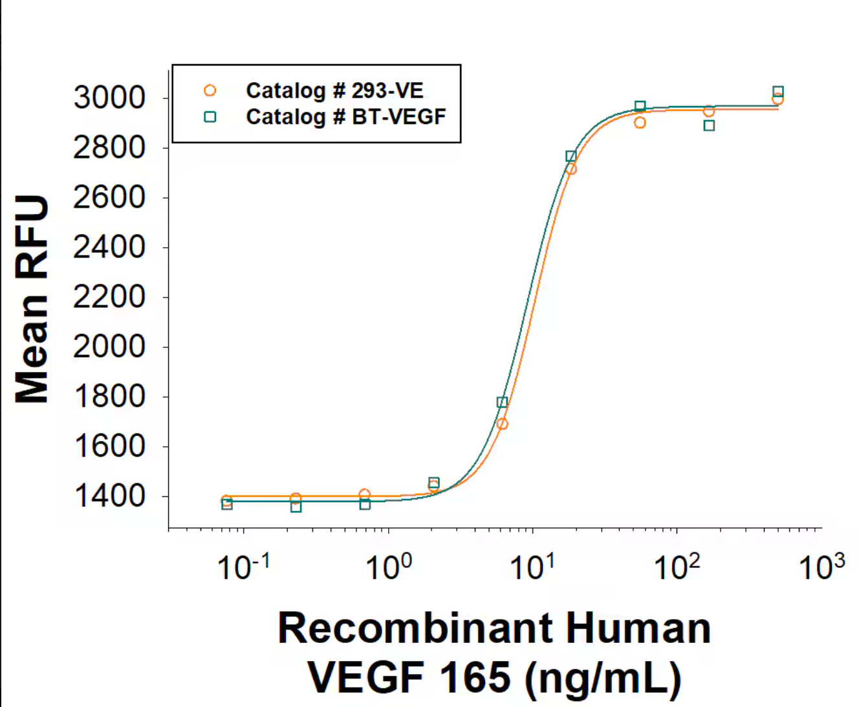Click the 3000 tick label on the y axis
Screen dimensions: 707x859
(x=109, y=98)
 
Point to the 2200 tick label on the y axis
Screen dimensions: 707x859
(x=109, y=297)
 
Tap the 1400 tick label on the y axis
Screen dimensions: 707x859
(x=109, y=496)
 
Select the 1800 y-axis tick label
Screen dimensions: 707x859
(x=109, y=397)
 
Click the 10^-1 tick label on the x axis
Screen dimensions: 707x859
(x=243, y=567)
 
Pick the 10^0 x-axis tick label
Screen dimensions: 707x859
(x=388, y=567)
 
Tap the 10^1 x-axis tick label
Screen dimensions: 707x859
(x=532, y=567)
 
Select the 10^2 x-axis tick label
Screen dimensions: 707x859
(x=677, y=567)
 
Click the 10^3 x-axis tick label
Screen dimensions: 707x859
(x=821, y=567)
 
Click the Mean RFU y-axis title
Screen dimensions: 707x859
(x=32, y=299)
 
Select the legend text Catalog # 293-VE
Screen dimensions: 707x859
(x=334, y=91)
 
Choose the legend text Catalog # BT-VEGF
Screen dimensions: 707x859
(x=345, y=117)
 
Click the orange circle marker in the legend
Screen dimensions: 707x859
(x=210, y=91)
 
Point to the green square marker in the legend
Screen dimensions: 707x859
(x=210, y=117)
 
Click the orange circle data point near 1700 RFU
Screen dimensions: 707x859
(x=503, y=424)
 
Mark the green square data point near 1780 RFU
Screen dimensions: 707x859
(x=502, y=402)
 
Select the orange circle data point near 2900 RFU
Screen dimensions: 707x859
(x=640, y=123)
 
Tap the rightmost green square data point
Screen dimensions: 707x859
(x=778, y=92)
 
